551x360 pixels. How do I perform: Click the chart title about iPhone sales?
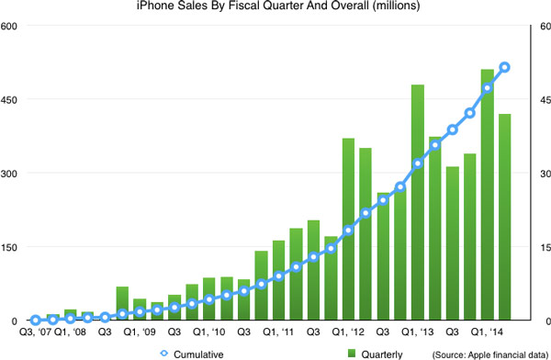point(275,8)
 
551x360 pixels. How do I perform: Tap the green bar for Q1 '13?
point(418,202)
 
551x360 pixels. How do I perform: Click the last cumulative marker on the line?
point(504,67)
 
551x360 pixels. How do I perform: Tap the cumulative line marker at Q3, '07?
point(36,320)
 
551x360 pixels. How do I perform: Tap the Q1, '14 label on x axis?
point(488,332)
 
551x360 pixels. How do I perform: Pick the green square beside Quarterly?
point(352,353)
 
